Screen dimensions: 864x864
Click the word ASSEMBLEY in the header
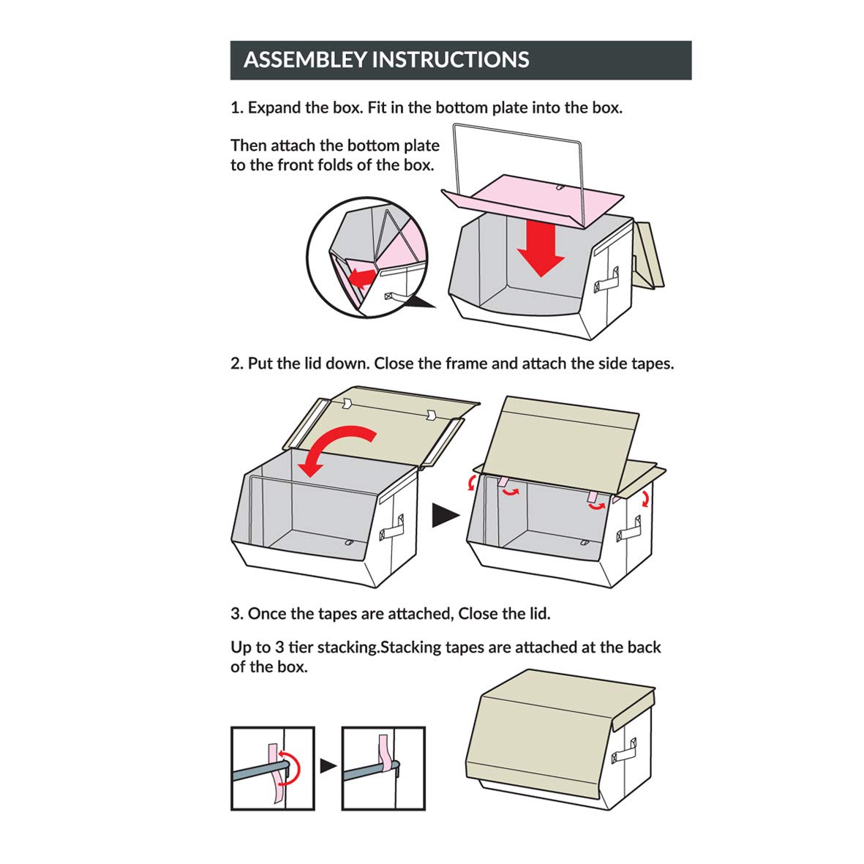[x=305, y=59]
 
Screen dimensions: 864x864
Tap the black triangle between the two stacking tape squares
[x=328, y=765]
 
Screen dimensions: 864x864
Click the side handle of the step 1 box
[x=606, y=280]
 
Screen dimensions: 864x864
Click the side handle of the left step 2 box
[x=391, y=527]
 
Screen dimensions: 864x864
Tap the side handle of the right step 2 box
[x=628, y=528]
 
